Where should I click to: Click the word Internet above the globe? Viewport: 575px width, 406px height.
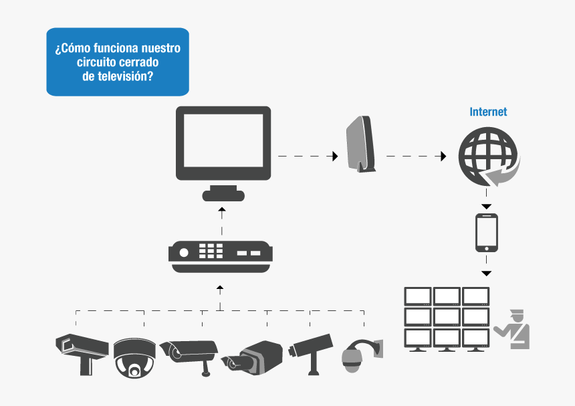[488, 112]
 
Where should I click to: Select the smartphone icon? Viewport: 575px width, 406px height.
[487, 233]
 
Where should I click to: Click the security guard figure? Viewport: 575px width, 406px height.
[513, 328]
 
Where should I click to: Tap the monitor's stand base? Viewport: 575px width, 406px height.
[223, 195]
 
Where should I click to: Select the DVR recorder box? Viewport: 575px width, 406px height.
[221, 256]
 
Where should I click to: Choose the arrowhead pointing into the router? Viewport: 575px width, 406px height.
[334, 157]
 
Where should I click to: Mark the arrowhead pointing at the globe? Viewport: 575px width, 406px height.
[443, 157]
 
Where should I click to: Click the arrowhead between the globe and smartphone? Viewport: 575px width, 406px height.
[487, 206]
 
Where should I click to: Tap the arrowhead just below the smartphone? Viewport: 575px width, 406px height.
[487, 273]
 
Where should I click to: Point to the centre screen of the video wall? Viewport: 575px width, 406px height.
[447, 316]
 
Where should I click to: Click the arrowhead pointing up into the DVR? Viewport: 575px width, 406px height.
[220, 288]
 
